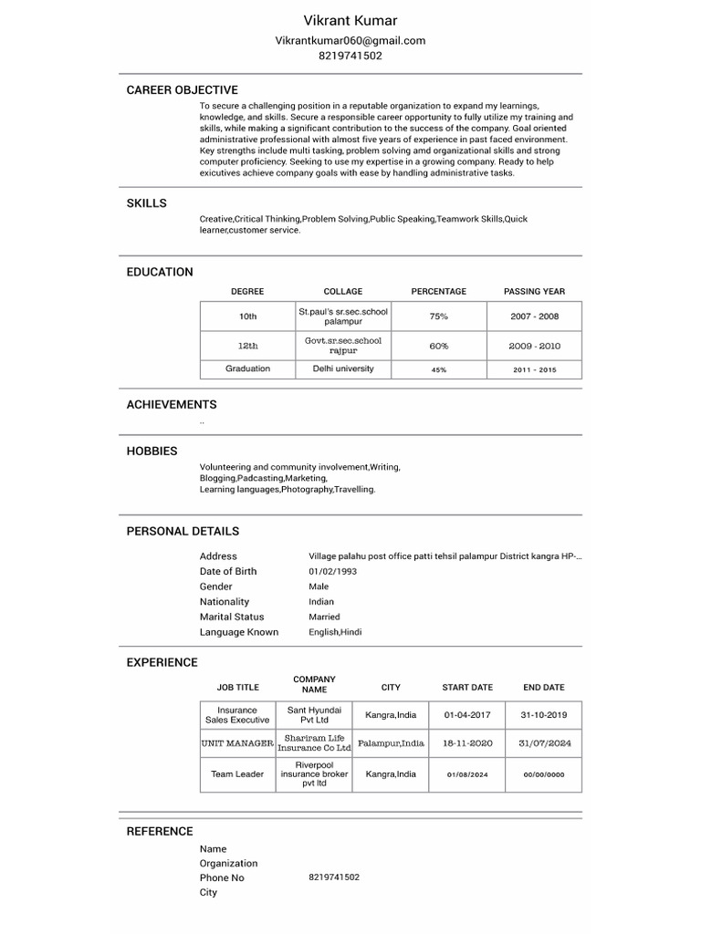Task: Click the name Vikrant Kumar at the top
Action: [350, 20]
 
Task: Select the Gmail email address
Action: [350, 40]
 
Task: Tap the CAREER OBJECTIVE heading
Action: [182, 90]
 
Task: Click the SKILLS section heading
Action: [146, 203]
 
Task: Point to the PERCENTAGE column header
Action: [438, 292]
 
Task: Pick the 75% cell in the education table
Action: [438, 317]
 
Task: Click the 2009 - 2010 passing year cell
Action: [534, 347]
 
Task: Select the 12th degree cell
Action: [247, 347]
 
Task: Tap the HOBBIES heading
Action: [152, 451]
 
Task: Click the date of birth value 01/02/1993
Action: [332, 571]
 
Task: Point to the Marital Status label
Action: [232, 617]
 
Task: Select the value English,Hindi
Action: [335, 632]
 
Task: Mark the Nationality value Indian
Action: [321, 602]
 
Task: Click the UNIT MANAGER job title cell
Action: [237, 743]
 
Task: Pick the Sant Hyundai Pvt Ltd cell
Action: [314, 715]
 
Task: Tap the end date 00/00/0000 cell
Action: [544, 774]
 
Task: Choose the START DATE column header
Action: [467, 688]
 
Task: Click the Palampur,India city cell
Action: [391, 743]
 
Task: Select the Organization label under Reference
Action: [228, 863]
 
